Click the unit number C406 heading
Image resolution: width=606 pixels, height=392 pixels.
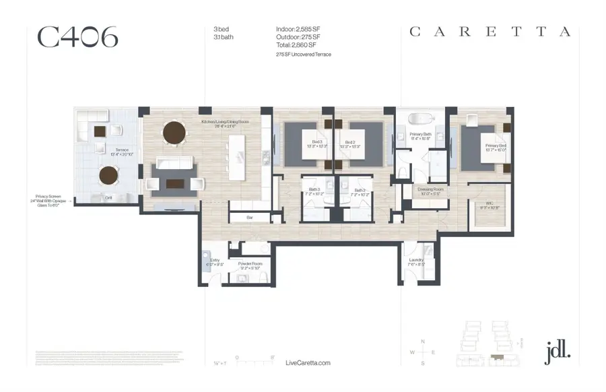pyautogui.click(x=78, y=37)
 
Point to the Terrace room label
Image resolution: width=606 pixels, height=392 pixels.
pyautogui.click(x=122, y=150)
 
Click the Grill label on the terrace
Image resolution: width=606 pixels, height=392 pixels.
pyautogui.click(x=108, y=197)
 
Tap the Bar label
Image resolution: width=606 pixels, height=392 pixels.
pyautogui.click(x=249, y=218)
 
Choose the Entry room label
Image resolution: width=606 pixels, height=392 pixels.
pyautogui.click(x=215, y=259)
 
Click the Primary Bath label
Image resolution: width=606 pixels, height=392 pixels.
pyautogui.click(x=421, y=135)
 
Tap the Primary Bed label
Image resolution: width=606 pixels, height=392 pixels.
pyautogui.click(x=496, y=145)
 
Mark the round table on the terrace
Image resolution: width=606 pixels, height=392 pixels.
pyautogui.click(x=109, y=176)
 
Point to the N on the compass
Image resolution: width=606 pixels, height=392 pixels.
pyautogui.click(x=423, y=341)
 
